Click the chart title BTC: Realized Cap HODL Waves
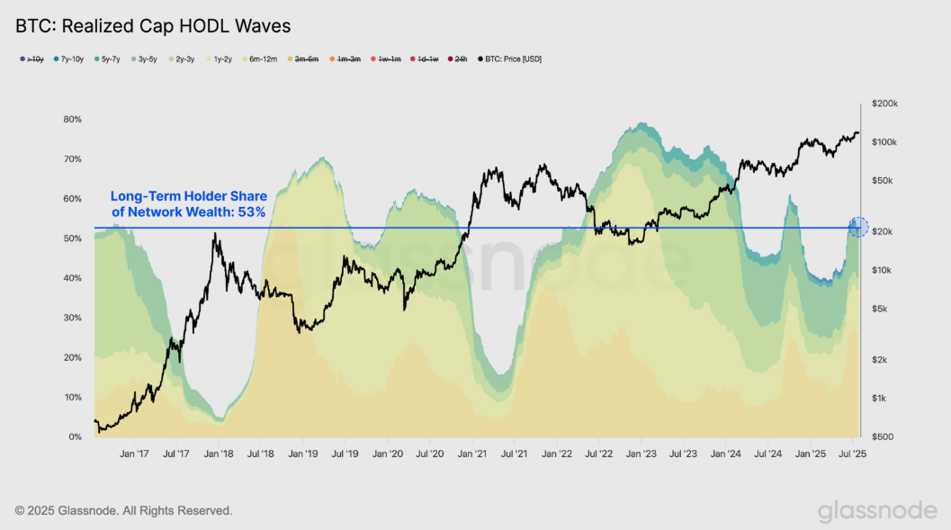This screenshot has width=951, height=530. [153, 26]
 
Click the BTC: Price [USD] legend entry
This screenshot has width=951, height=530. [510, 59]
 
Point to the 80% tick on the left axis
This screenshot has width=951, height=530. [73, 120]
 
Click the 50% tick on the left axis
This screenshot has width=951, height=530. [73, 238]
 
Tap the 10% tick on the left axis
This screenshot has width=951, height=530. [73, 398]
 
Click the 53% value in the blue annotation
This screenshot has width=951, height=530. [251, 212]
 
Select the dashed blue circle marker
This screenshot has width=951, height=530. [858, 227]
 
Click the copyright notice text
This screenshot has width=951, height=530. [124, 511]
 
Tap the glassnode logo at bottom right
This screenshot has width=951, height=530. [876, 511]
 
